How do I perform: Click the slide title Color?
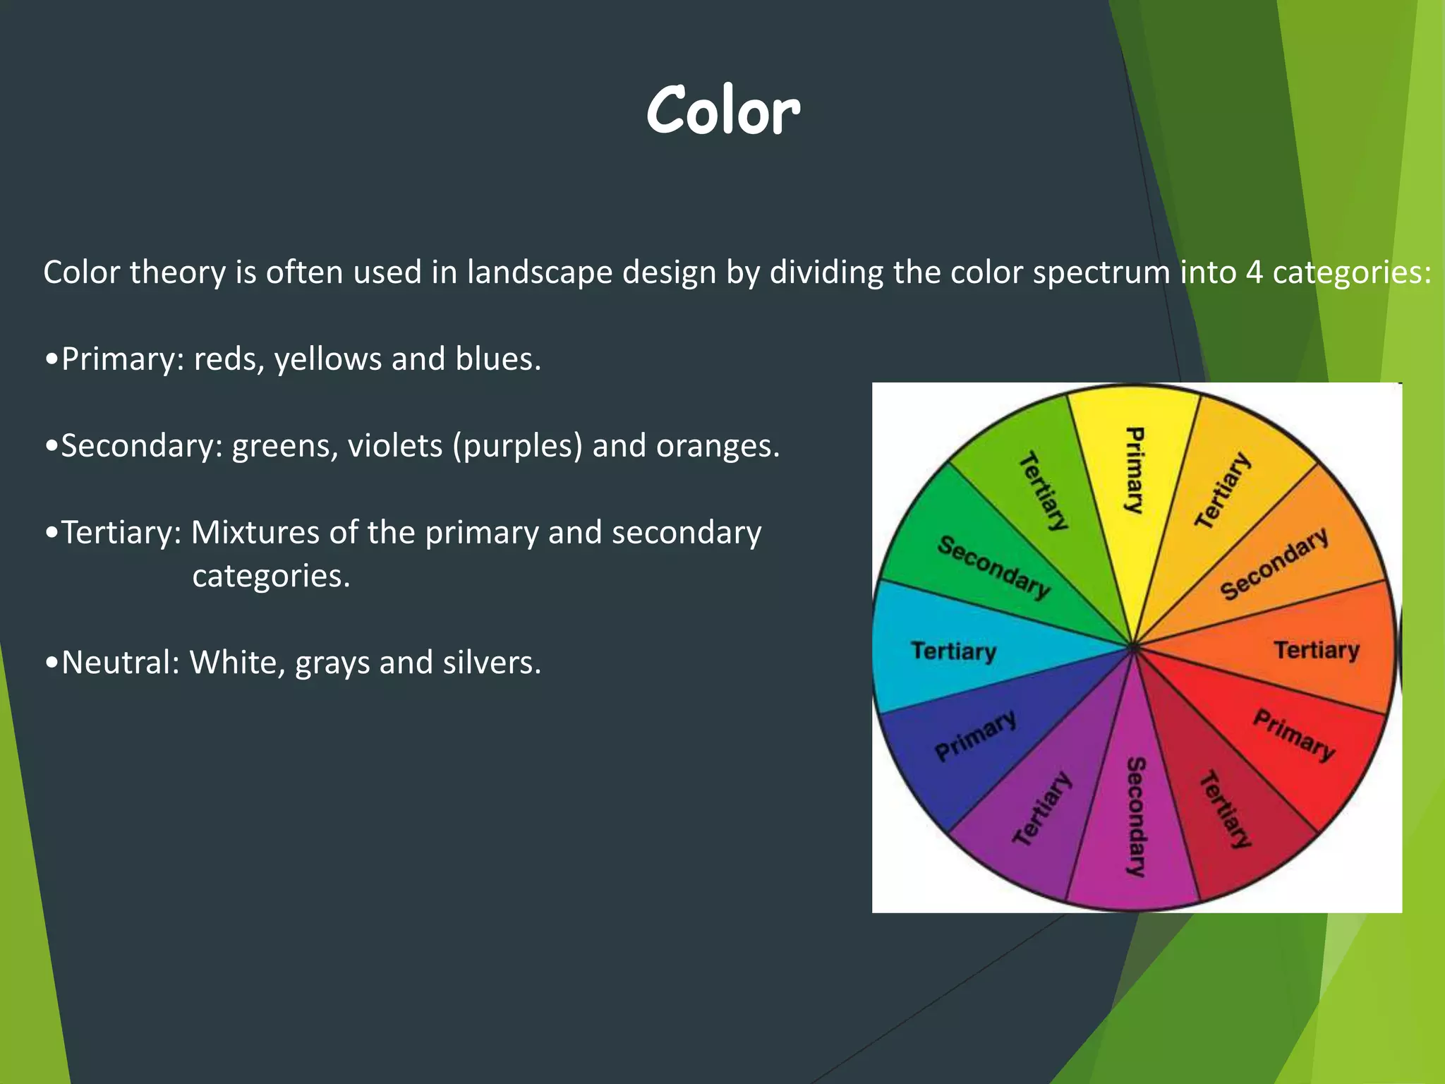click(722, 112)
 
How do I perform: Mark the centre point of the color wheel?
click(1134, 646)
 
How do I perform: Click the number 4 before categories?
click(1254, 272)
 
